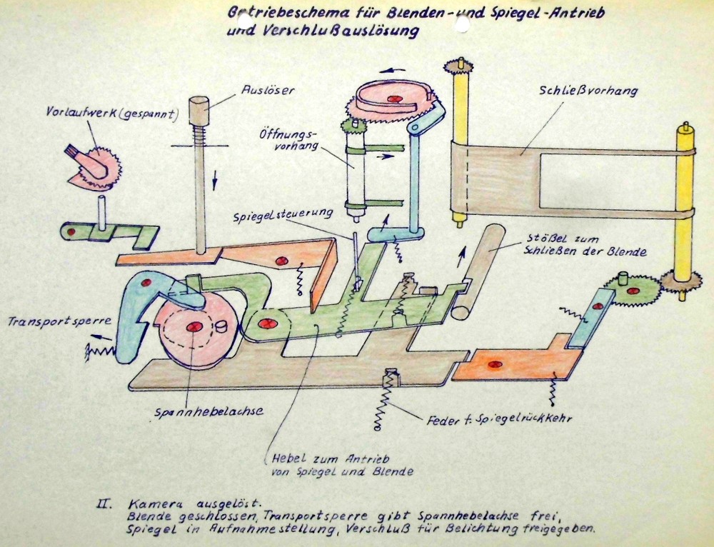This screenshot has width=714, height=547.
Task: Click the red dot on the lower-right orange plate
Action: click(x=491, y=365)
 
